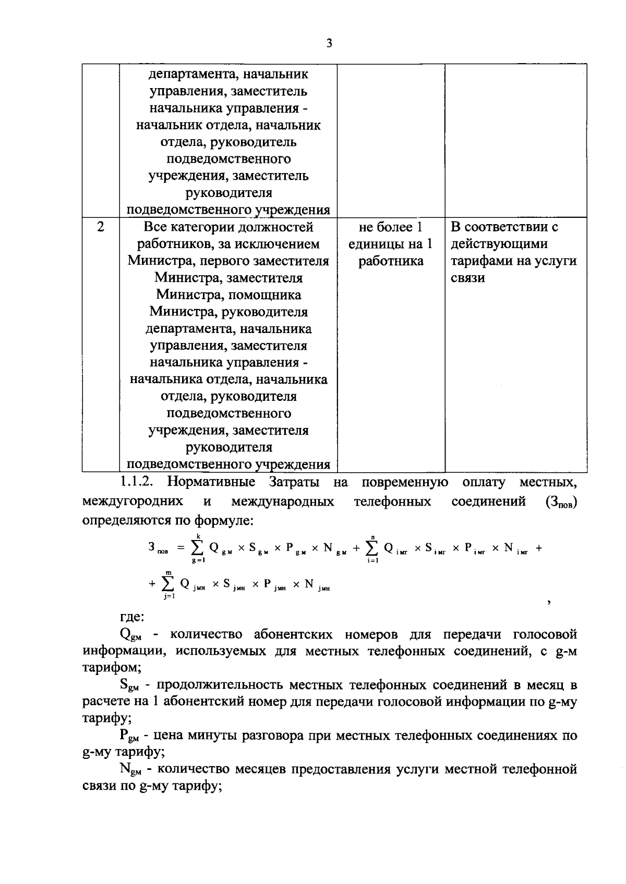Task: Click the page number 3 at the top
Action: (329, 44)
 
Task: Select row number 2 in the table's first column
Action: (100, 227)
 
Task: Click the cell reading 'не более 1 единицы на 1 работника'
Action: (391, 244)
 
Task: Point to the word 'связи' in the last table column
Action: (468, 278)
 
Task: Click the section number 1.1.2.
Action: (137, 482)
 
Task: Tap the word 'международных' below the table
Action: (283, 501)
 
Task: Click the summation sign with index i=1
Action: (372, 548)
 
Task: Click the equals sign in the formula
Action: (181, 548)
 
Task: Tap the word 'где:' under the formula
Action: (132, 618)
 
